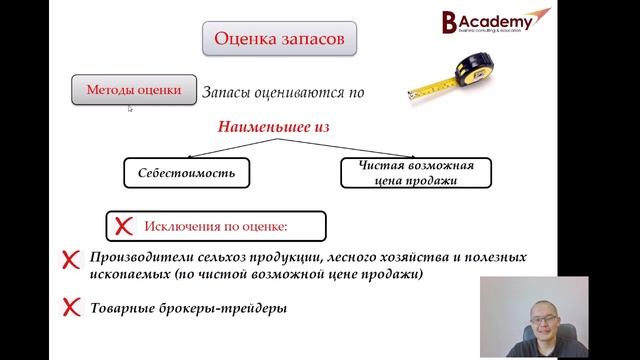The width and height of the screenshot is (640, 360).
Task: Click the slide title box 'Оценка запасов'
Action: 279,40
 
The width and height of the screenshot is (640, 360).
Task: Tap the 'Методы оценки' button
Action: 133,90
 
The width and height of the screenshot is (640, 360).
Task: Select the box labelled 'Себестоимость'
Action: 186,173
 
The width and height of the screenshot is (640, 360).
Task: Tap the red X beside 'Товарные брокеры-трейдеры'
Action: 71,308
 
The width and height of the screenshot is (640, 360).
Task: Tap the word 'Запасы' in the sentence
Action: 227,92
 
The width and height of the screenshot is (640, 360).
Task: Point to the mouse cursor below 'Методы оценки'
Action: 130,109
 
